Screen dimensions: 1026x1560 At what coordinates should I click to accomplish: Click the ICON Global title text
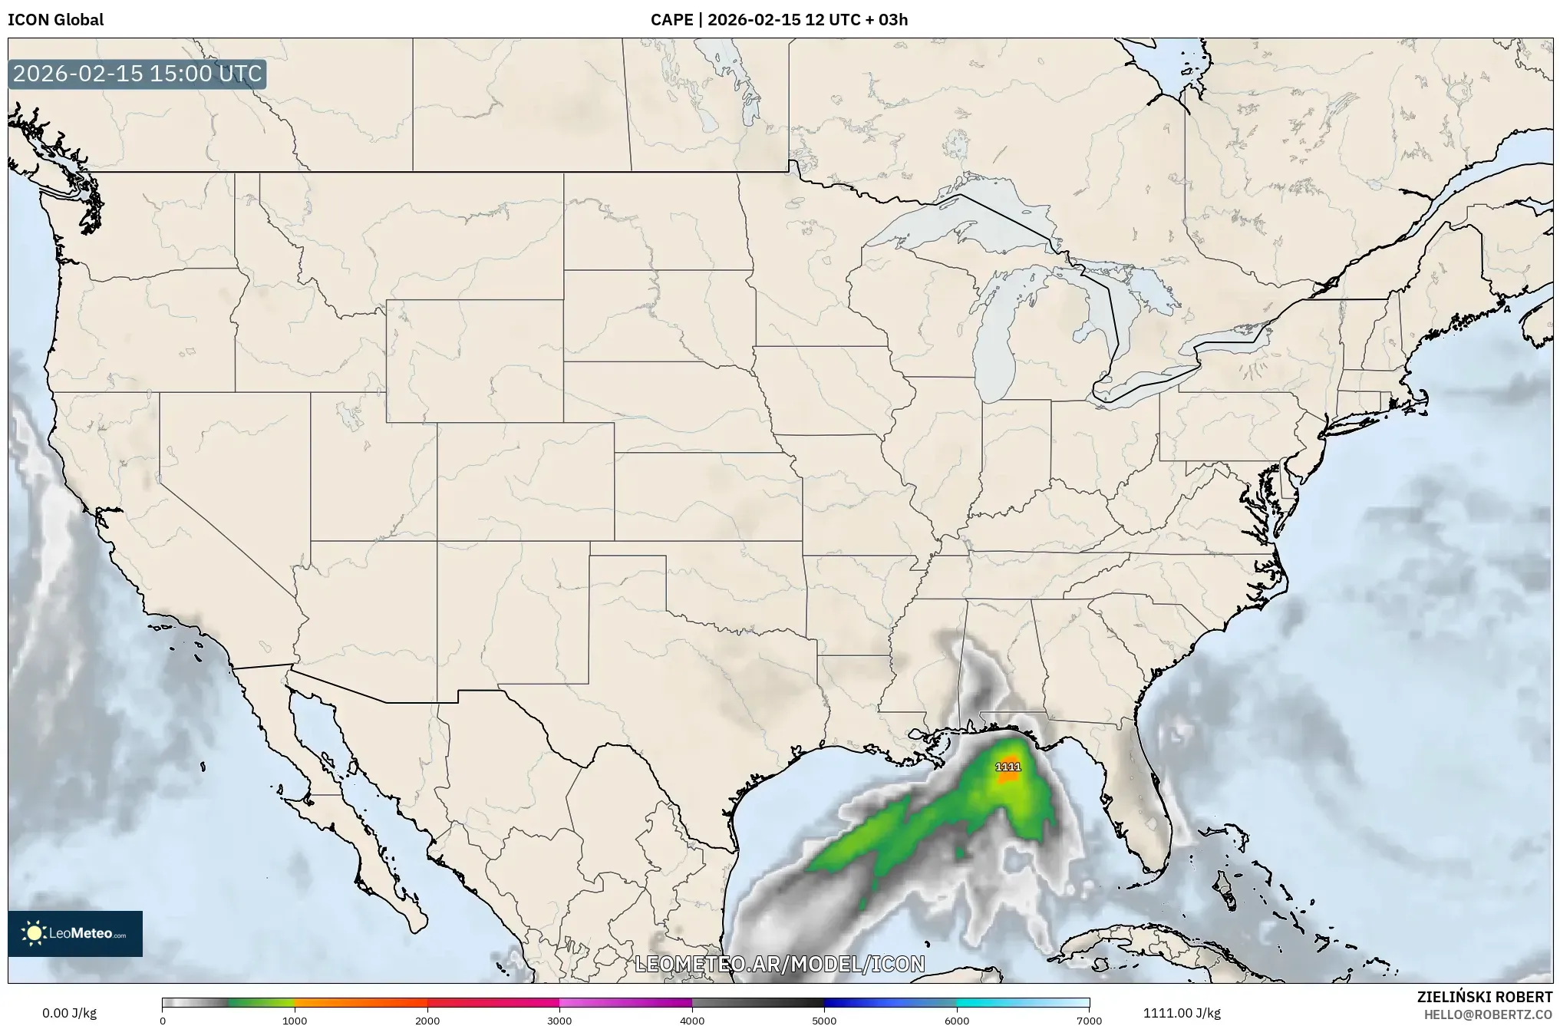click(x=55, y=19)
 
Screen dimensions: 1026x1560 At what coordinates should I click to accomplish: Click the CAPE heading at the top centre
click(x=779, y=19)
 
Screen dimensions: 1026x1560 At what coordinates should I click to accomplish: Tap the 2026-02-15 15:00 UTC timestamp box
click(x=137, y=74)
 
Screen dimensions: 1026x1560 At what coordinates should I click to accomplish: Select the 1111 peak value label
click(x=1008, y=767)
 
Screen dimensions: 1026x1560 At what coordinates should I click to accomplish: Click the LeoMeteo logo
click(x=75, y=933)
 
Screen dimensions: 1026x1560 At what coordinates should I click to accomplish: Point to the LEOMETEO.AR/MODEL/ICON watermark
click(x=780, y=964)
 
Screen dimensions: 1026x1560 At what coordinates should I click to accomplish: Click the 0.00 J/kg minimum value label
click(x=69, y=1013)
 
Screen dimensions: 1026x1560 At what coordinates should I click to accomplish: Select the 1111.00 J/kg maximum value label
click(x=1182, y=1013)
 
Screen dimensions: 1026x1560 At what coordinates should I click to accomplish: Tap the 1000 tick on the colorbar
click(x=295, y=1021)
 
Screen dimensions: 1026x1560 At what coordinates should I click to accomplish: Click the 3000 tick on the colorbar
click(x=559, y=1021)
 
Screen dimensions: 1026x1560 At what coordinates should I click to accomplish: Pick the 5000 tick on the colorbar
click(x=824, y=1021)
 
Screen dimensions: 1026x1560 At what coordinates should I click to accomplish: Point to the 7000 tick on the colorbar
click(x=1089, y=1021)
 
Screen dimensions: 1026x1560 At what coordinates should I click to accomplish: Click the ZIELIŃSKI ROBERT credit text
click(x=1484, y=997)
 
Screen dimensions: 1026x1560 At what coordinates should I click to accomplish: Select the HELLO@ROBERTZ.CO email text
click(x=1488, y=1014)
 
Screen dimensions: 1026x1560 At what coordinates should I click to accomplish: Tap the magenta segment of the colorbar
click(x=625, y=1002)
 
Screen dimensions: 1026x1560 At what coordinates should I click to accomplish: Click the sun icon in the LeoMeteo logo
click(x=34, y=933)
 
